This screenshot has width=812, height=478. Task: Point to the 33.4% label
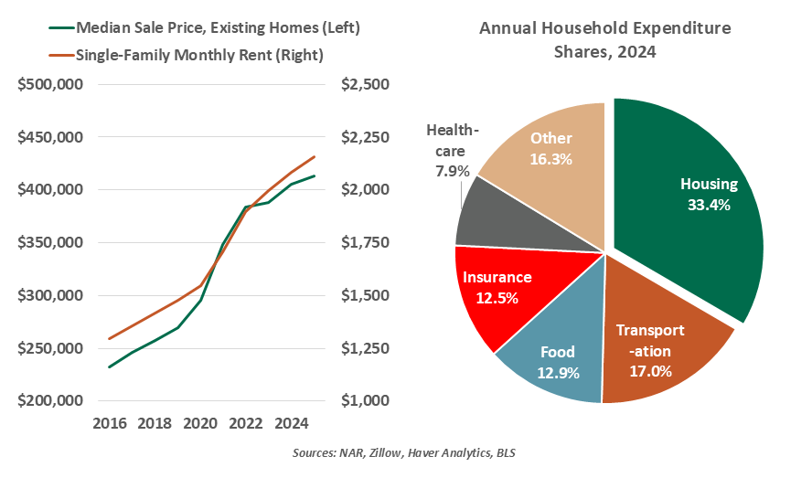pos(709,206)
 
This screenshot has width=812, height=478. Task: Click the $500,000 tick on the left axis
pos(51,85)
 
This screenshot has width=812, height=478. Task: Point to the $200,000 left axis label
pos(51,401)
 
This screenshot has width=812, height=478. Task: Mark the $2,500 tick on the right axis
pos(365,85)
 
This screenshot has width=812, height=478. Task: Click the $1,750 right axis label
pos(365,243)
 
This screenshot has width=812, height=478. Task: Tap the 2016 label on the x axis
pos(109,424)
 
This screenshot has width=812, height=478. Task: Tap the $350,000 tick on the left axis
pos(51,243)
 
